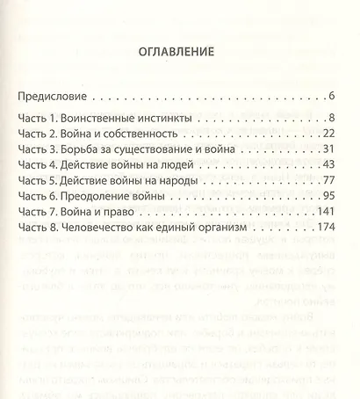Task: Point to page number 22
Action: [x=331, y=133]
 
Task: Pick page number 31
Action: [x=331, y=149]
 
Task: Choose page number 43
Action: [x=331, y=164]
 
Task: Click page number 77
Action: [x=331, y=180]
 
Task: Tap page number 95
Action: [x=331, y=196]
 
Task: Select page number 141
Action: [x=328, y=212]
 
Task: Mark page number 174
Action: [x=328, y=228]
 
